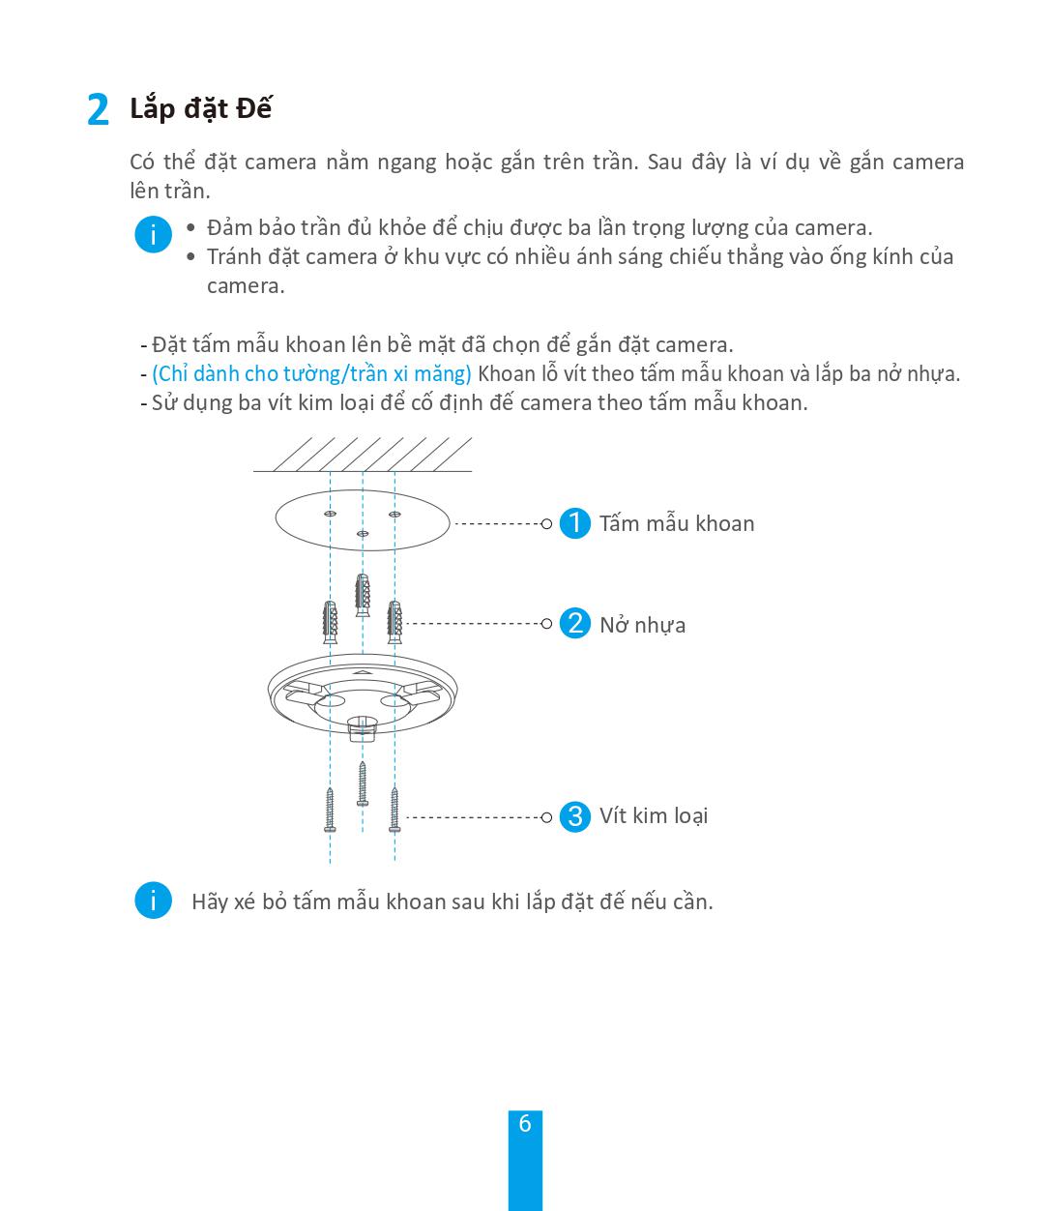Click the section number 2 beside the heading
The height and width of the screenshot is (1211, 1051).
coord(98,110)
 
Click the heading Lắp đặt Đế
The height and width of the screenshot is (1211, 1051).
coord(200,108)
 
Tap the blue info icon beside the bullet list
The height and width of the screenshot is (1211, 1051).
coord(153,235)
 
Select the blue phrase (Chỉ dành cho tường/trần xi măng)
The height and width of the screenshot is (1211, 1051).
coord(311,373)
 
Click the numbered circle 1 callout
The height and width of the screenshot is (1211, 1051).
coord(575,523)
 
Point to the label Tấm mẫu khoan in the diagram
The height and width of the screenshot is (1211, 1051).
coord(677,523)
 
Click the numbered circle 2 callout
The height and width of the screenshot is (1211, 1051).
coord(575,623)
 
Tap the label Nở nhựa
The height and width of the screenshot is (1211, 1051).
coord(642,625)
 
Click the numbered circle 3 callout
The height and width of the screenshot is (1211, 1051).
coord(575,816)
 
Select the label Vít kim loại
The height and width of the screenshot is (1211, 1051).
coord(654,815)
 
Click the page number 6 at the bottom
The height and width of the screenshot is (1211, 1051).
coord(525,1124)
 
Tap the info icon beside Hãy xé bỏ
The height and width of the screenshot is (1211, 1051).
coord(153,901)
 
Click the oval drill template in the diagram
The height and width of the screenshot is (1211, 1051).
coord(363,521)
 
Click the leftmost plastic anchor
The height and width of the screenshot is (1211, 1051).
coord(331,622)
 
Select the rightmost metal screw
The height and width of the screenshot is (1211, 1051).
coord(394,810)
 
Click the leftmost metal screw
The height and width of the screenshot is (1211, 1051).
coord(331,810)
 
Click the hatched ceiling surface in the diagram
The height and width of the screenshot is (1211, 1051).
coord(363,454)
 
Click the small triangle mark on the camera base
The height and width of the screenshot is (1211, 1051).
coord(362,670)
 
